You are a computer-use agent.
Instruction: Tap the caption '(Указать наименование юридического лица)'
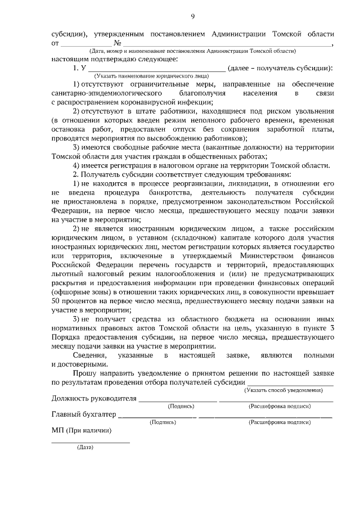[152, 75]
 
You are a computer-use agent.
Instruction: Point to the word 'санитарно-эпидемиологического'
[106, 93]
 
